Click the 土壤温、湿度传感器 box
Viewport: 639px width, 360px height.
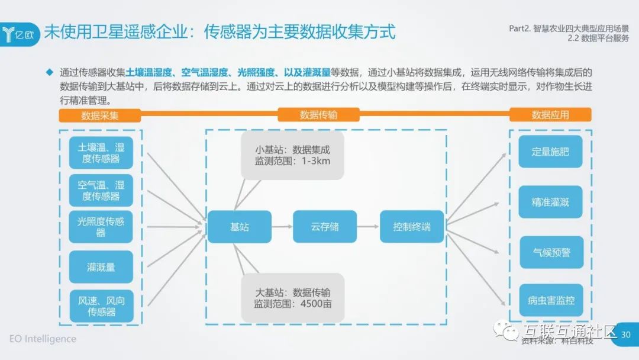click(101, 153)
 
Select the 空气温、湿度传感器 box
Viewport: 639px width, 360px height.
click(101, 190)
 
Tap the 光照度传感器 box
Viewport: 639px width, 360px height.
click(101, 227)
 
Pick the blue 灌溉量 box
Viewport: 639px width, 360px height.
click(101, 267)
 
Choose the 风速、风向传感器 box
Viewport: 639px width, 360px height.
click(101, 306)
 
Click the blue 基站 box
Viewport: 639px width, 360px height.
click(239, 227)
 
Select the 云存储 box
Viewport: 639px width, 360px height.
click(325, 227)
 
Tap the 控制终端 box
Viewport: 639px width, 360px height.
click(412, 227)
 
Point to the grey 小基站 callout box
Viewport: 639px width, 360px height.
click(292, 156)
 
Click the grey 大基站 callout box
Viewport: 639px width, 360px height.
click(292, 298)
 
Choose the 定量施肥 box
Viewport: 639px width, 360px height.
click(550, 152)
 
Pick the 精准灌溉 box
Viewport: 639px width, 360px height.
click(550, 202)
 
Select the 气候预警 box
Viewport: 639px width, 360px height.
click(550, 252)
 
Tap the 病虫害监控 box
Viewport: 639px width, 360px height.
click(550, 301)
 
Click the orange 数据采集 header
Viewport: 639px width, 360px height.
click(99, 115)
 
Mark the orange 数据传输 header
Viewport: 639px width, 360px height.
click(318, 115)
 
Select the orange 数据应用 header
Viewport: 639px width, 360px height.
click(550, 115)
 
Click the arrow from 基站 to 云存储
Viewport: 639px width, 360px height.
click(282, 227)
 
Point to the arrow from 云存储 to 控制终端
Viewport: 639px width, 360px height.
click(368, 227)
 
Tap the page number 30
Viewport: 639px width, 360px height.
click(625, 335)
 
